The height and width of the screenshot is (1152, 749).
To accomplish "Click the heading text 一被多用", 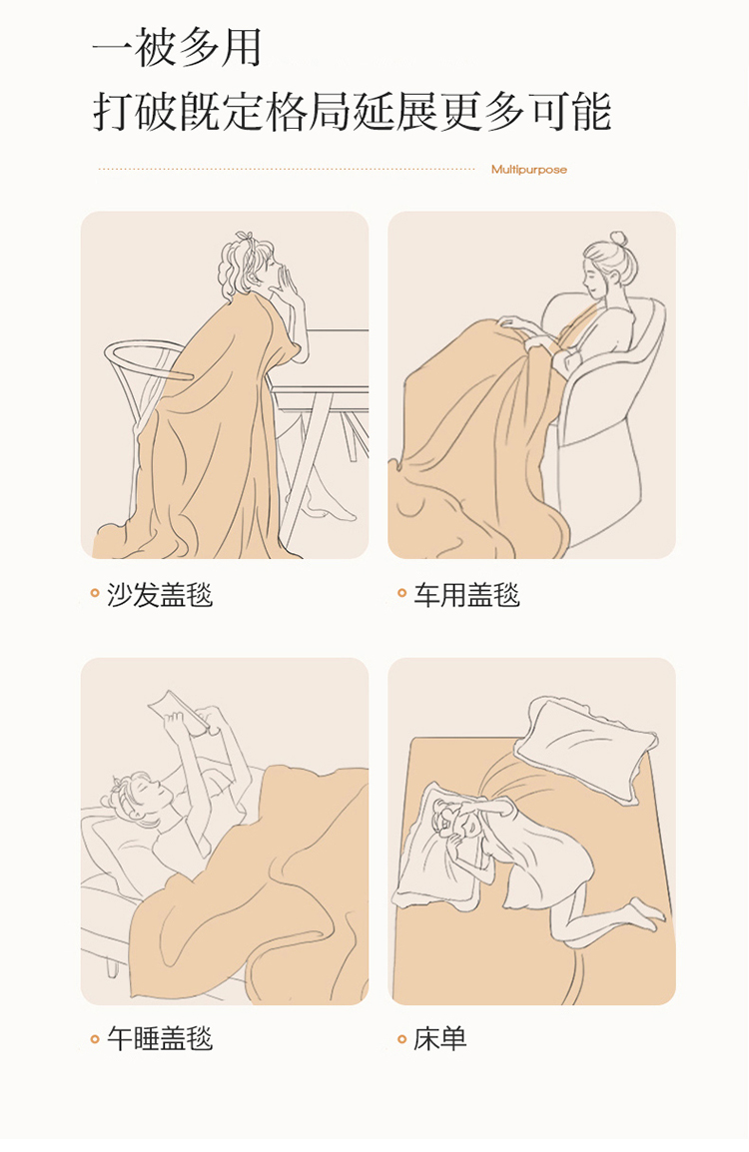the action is [x=177, y=48].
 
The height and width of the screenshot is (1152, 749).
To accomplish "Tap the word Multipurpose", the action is [x=529, y=170].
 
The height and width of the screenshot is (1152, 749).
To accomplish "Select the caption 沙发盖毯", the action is [x=160, y=595].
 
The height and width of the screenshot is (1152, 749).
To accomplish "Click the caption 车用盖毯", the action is [x=466, y=595].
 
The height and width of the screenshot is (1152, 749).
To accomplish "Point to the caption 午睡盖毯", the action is [x=160, y=1039].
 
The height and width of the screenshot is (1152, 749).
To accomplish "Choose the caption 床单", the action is [x=440, y=1039].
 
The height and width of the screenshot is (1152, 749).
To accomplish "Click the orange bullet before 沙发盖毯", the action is [x=94, y=593].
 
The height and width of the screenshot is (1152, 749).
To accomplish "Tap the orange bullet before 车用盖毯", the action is [x=401, y=593].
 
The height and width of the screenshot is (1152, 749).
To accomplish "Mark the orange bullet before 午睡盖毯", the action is [x=94, y=1039].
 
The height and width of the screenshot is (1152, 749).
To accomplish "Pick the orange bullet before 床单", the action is [x=401, y=1039].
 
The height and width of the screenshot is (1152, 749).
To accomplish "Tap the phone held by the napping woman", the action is [x=179, y=709].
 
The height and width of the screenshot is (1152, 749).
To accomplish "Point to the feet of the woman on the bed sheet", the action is [x=647, y=913].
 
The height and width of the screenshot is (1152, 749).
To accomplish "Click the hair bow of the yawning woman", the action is [x=247, y=239].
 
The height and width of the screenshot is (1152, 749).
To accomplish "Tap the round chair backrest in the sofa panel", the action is [x=146, y=360].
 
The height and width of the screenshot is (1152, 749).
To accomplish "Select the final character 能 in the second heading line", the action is [x=590, y=113].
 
